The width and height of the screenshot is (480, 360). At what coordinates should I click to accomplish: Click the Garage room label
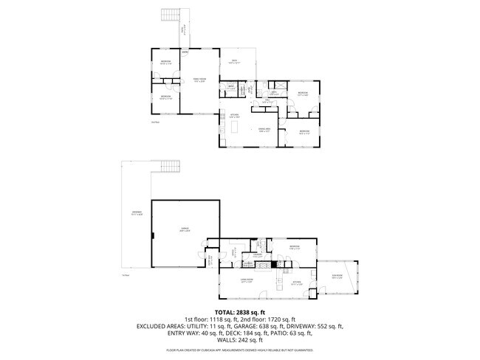(185, 229)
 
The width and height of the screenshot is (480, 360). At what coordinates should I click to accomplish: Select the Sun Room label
(337, 277)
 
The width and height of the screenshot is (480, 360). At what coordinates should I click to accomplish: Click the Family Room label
(199, 80)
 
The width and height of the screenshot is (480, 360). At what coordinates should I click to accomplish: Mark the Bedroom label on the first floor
(295, 247)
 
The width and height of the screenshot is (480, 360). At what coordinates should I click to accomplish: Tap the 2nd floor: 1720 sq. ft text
(268, 319)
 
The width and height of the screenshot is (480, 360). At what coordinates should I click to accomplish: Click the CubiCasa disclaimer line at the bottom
(240, 350)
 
